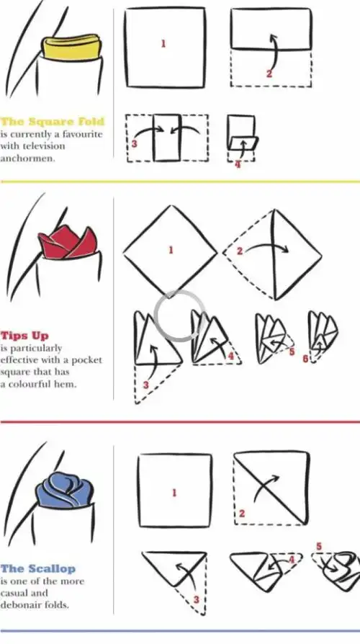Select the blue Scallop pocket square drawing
pyautogui.click(x=65, y=490)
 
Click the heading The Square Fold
pyautogui.click(x=53, y=122)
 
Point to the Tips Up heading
pyautogui.click(x=24, y=336)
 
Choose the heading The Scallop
pyautogui.click(x=38, y=569)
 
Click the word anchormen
pyautogui.click(x=27, y=158)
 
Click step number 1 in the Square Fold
pyautogui.click(x=163, y=43)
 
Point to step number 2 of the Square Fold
pyautogui.click(x=269, y=74)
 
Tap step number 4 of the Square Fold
pyautogui.click(x=238, y=165)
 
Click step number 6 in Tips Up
pyautogui.click(x=305, y=359)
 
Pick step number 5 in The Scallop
pyautogui.click(x=319, y=547)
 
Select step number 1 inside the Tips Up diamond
pyautogui.click(x=171, y=250)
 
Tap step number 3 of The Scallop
pyautogui.click(x=197, y=599)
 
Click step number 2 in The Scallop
pyautogui.click(x=242, y=514)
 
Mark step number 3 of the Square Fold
pyautogui.click(x=134, y=144)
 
